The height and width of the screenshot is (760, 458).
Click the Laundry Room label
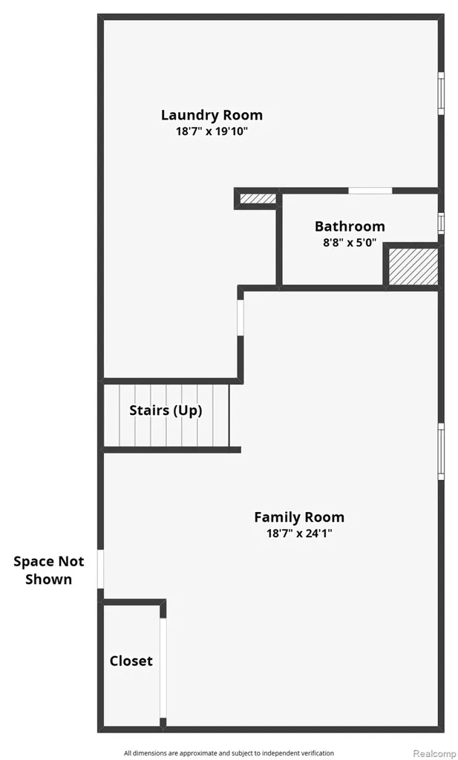point(212,115)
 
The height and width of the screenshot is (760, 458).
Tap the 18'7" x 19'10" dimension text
point(212,131)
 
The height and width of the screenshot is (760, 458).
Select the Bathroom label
point(350,226)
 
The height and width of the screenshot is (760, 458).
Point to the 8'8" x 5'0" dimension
point(350,243)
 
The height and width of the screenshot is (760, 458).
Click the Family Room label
point(299,517)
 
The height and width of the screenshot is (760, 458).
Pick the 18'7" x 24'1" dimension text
point(299,534)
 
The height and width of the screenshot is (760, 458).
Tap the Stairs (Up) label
point(166,410)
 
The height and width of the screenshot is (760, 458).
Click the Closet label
point(131,661)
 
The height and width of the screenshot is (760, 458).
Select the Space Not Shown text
point(48,570)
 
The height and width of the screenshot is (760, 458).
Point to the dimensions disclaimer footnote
point(229,753)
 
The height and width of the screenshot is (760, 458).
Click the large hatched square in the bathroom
point(413,266)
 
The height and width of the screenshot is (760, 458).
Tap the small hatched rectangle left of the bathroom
point(258,199)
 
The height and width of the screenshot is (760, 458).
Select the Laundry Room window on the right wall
point(441,94)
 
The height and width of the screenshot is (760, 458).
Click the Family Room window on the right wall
point(441,452)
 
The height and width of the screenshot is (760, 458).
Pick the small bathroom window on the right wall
point(441,223)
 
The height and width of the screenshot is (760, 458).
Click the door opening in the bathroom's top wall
point(370,191)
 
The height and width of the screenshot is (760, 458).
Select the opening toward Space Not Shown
point(100,569)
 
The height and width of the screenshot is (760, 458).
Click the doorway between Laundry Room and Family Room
point(241,318)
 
